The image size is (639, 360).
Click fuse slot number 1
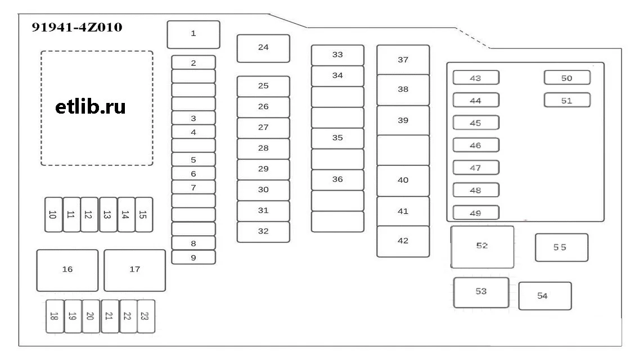coord(193,34)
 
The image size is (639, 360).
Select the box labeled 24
coord(263,48)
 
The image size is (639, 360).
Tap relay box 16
coord(67,270)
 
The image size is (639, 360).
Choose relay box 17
coord(134,270)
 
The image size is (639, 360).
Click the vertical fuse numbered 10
coord(53,214)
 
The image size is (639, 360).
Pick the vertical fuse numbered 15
coord(144,214)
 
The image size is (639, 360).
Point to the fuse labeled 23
coord(146,316)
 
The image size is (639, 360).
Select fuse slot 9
coord(193,258)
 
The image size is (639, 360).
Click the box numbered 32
coord(263,232)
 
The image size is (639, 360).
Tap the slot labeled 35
coord(337,138)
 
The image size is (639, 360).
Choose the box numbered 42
coord(403,241)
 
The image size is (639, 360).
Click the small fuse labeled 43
coord(476,78)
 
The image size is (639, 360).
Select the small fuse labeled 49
coord(476,213)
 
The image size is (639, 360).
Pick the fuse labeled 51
coord(567,100)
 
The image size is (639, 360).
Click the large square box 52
coord(482,247)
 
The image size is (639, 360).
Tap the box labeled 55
coord(561,247)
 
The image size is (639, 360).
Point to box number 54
coord(544,296)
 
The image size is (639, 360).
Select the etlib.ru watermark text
coord(91,107)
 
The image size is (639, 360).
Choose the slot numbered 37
coord(403,60)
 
